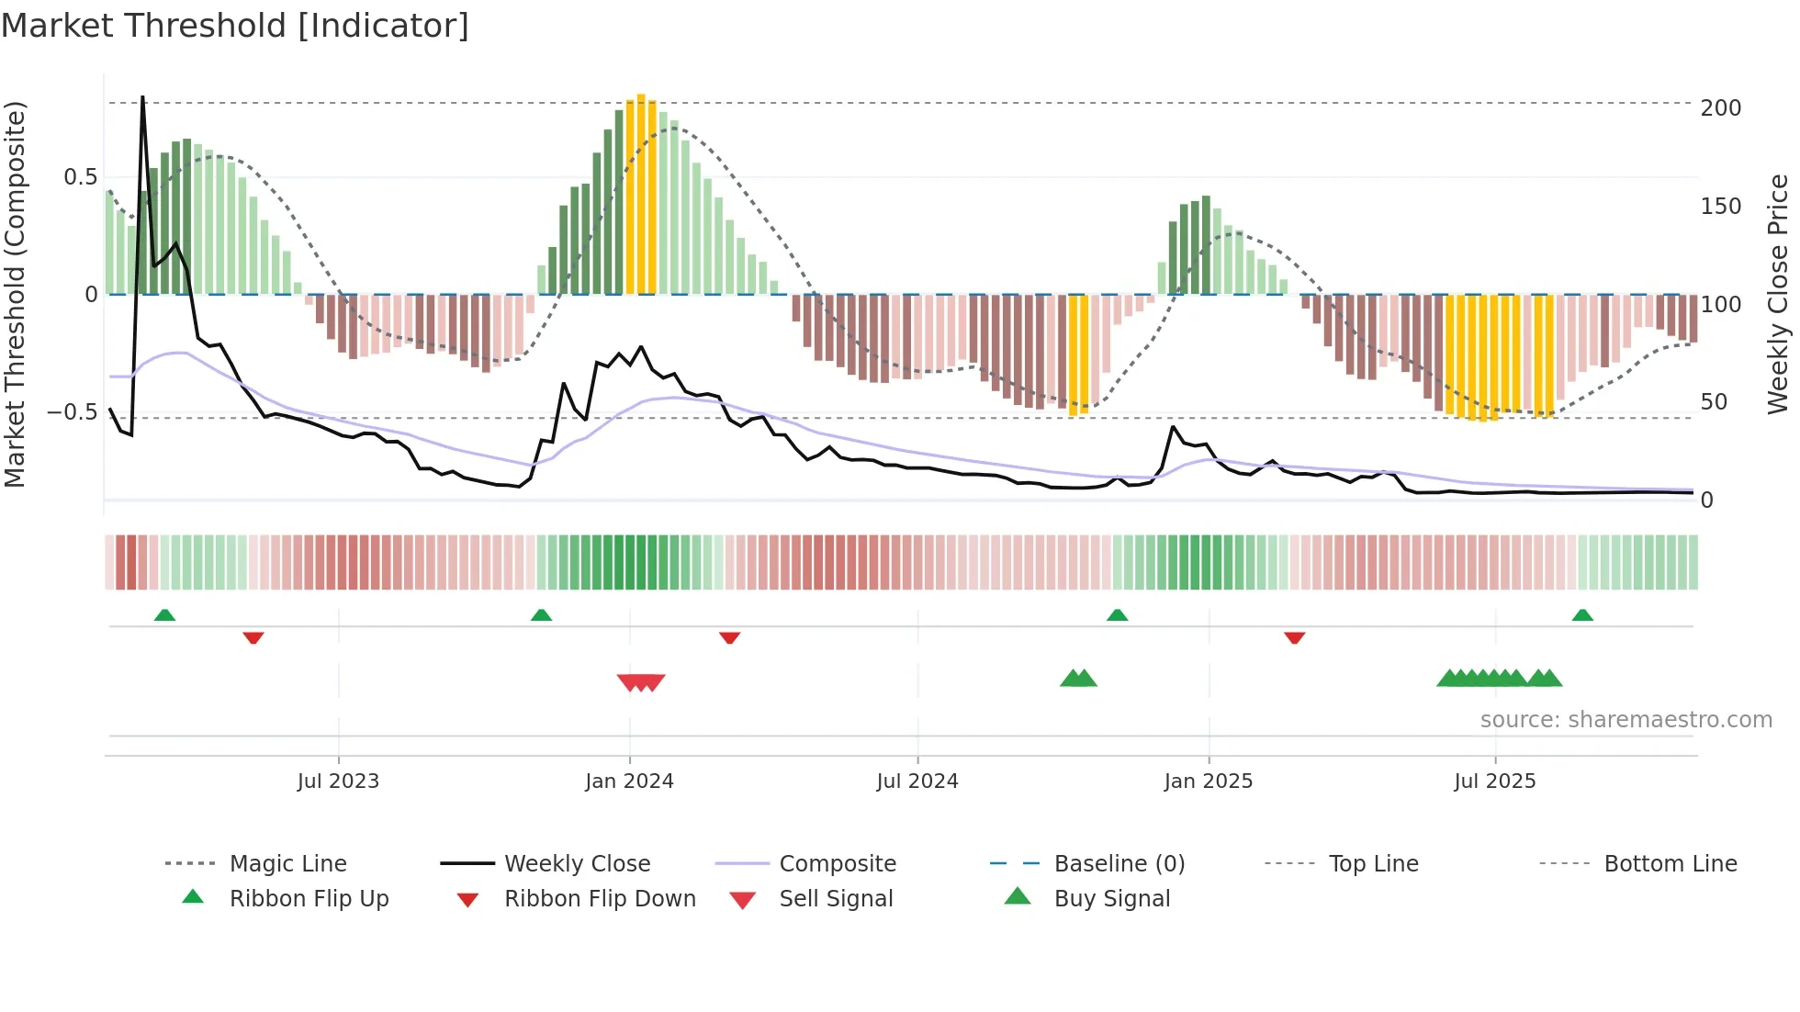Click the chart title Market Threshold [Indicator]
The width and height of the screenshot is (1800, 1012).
(235, 26)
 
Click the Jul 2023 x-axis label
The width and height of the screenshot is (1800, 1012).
(338, 781)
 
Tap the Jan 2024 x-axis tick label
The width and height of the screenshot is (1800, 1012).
(629, 781)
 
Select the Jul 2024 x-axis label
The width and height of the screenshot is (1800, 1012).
(917, 781)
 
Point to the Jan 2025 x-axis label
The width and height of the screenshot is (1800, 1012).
(1208, 781)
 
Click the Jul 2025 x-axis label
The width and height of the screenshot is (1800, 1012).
(1494, 781)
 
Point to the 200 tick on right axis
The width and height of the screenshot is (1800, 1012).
(1720, 108)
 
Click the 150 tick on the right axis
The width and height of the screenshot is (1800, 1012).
(1720, 207)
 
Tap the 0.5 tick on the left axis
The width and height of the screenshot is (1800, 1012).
(80, 177)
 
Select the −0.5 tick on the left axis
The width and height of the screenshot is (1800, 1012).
(73, 412)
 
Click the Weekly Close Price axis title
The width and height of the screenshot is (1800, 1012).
(1779, 294)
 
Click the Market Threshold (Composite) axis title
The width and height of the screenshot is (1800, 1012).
(15, 294)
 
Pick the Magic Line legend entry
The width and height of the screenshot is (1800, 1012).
(287, 864)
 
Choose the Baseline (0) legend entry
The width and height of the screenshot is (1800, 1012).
(1119, 864)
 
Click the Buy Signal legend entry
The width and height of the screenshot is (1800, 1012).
(1111, 899)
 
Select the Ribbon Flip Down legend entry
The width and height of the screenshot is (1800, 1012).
(599, 899)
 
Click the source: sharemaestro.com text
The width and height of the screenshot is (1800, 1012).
(1626, 720)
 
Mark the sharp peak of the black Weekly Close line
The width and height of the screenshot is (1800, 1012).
(142, 97)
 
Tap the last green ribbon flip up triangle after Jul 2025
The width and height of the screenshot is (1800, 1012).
(1582, 615)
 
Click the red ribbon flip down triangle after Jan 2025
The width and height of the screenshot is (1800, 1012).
(1294, 637)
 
